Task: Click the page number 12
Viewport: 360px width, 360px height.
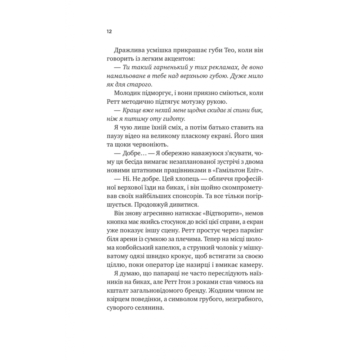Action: point(109,31)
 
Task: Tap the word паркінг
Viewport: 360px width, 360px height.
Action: point(251,230)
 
